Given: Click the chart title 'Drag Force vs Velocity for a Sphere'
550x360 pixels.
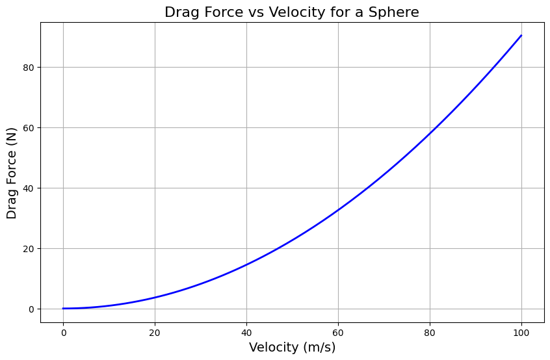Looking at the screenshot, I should coord(292,12).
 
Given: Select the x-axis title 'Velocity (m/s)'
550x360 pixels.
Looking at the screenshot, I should coord(292,348).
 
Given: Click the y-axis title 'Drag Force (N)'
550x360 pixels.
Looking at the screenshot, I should coord(12,173).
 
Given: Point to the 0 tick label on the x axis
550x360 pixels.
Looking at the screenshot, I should coord(63,333).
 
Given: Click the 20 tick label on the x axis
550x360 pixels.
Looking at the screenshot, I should coord(155,333).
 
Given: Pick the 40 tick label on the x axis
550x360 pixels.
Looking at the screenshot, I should coord(246,333).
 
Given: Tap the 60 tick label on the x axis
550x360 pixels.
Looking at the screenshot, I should coord(338,333).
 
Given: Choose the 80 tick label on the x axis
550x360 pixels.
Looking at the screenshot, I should coord(430,333).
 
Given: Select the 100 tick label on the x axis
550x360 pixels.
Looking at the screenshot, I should coord(521,333).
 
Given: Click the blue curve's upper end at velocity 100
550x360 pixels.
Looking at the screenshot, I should coord(521,36).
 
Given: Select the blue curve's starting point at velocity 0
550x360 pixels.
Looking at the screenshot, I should coord(63,309).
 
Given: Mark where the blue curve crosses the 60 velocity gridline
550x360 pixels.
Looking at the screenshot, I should coord(338,210).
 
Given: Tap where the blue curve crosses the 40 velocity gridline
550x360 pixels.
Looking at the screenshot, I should coord(246,264).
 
